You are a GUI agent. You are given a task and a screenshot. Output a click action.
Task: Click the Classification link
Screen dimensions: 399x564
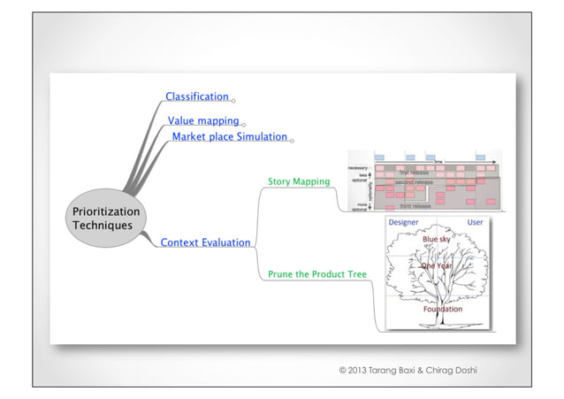(x=197, y=96)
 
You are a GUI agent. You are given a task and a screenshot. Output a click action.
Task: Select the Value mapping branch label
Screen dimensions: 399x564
(x=203, y=120)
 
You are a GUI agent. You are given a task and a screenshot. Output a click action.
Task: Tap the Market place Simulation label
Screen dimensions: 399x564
(x=230, y=137)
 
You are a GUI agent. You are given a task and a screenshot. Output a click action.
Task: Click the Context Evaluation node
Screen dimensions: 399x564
(x=205, y=242)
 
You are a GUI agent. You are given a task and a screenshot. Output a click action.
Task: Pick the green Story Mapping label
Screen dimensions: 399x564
(x=299, y=181)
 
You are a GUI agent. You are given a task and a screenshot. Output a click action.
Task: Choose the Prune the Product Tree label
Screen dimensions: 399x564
(x=317, y=274)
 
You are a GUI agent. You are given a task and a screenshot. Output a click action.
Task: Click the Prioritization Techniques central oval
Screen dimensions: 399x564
(x=105, y=219)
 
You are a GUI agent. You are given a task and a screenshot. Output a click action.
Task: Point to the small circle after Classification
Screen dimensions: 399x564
(x=233, y=100)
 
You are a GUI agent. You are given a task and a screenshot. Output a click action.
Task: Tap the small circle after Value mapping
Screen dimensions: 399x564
(x=244, y=124)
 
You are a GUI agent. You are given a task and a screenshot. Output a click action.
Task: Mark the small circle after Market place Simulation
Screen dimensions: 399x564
(x=293, y=140)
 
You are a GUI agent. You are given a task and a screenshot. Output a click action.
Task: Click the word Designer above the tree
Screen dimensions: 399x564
(x=404, y=222)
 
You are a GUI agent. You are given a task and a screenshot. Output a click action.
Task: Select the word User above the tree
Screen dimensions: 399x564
(x=475, y=222)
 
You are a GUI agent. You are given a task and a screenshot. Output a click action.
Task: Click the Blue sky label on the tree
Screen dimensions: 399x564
(x=437, y=239)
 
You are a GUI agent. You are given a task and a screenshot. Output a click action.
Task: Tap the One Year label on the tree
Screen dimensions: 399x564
(x=437, y=265)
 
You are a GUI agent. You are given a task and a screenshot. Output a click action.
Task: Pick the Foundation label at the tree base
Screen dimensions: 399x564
(x=442, y=310)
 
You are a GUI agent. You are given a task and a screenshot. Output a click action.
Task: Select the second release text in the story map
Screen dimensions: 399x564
(x=413, y=181)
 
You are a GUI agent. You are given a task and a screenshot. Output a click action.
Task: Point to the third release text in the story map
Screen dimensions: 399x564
(x=415, y=205)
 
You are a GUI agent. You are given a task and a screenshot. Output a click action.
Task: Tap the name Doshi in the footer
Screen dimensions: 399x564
(x=461, y=369)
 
